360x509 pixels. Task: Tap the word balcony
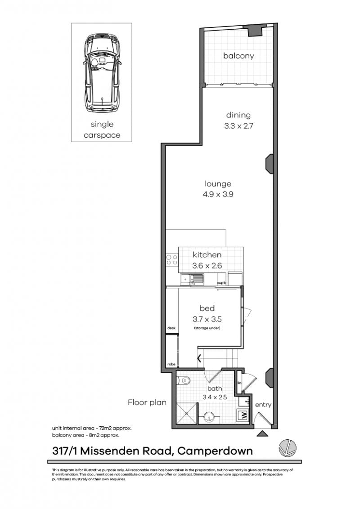(238, 56)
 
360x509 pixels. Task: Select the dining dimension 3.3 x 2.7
(238, 126)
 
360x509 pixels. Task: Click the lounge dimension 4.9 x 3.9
(218, 195)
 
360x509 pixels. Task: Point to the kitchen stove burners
(172, 259)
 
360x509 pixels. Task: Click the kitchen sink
(192, 280)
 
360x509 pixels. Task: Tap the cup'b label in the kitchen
(221, 283)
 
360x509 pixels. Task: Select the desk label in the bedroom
(171, 329)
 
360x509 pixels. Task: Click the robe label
(171, 364)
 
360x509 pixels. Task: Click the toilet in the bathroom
(184, 381)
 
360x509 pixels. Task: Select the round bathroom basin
(210, 416)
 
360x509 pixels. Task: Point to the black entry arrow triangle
(262, 434)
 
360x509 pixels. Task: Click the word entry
(263, 405)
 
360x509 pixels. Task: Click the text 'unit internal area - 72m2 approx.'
(92, 428)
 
